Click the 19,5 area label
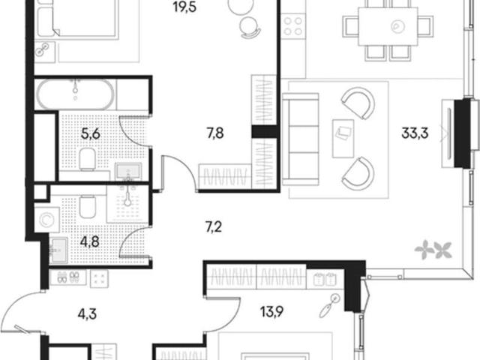(x=184, y=7)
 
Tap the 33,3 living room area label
(x=415, y=133)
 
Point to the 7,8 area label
(x=215, y=133)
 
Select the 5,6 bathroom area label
(x=91, y=133)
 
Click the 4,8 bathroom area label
(x=90, y=241)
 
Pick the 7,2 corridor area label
(x=214, y=227)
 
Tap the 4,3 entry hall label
(x=87, y=314)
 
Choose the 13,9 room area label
(x=271, y=312)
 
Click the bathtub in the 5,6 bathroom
(x=75, y=94)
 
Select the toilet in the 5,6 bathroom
(x=88, y=159)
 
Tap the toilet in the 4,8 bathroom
(x=88, y=206)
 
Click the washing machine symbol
(x=46, y=220)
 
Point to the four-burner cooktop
(x=293, y=26)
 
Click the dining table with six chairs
(x=388, y=30)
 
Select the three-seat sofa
(x=300, y=139)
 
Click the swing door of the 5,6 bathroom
(x=133, y=131)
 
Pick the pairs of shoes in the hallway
(x=68, y=277)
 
